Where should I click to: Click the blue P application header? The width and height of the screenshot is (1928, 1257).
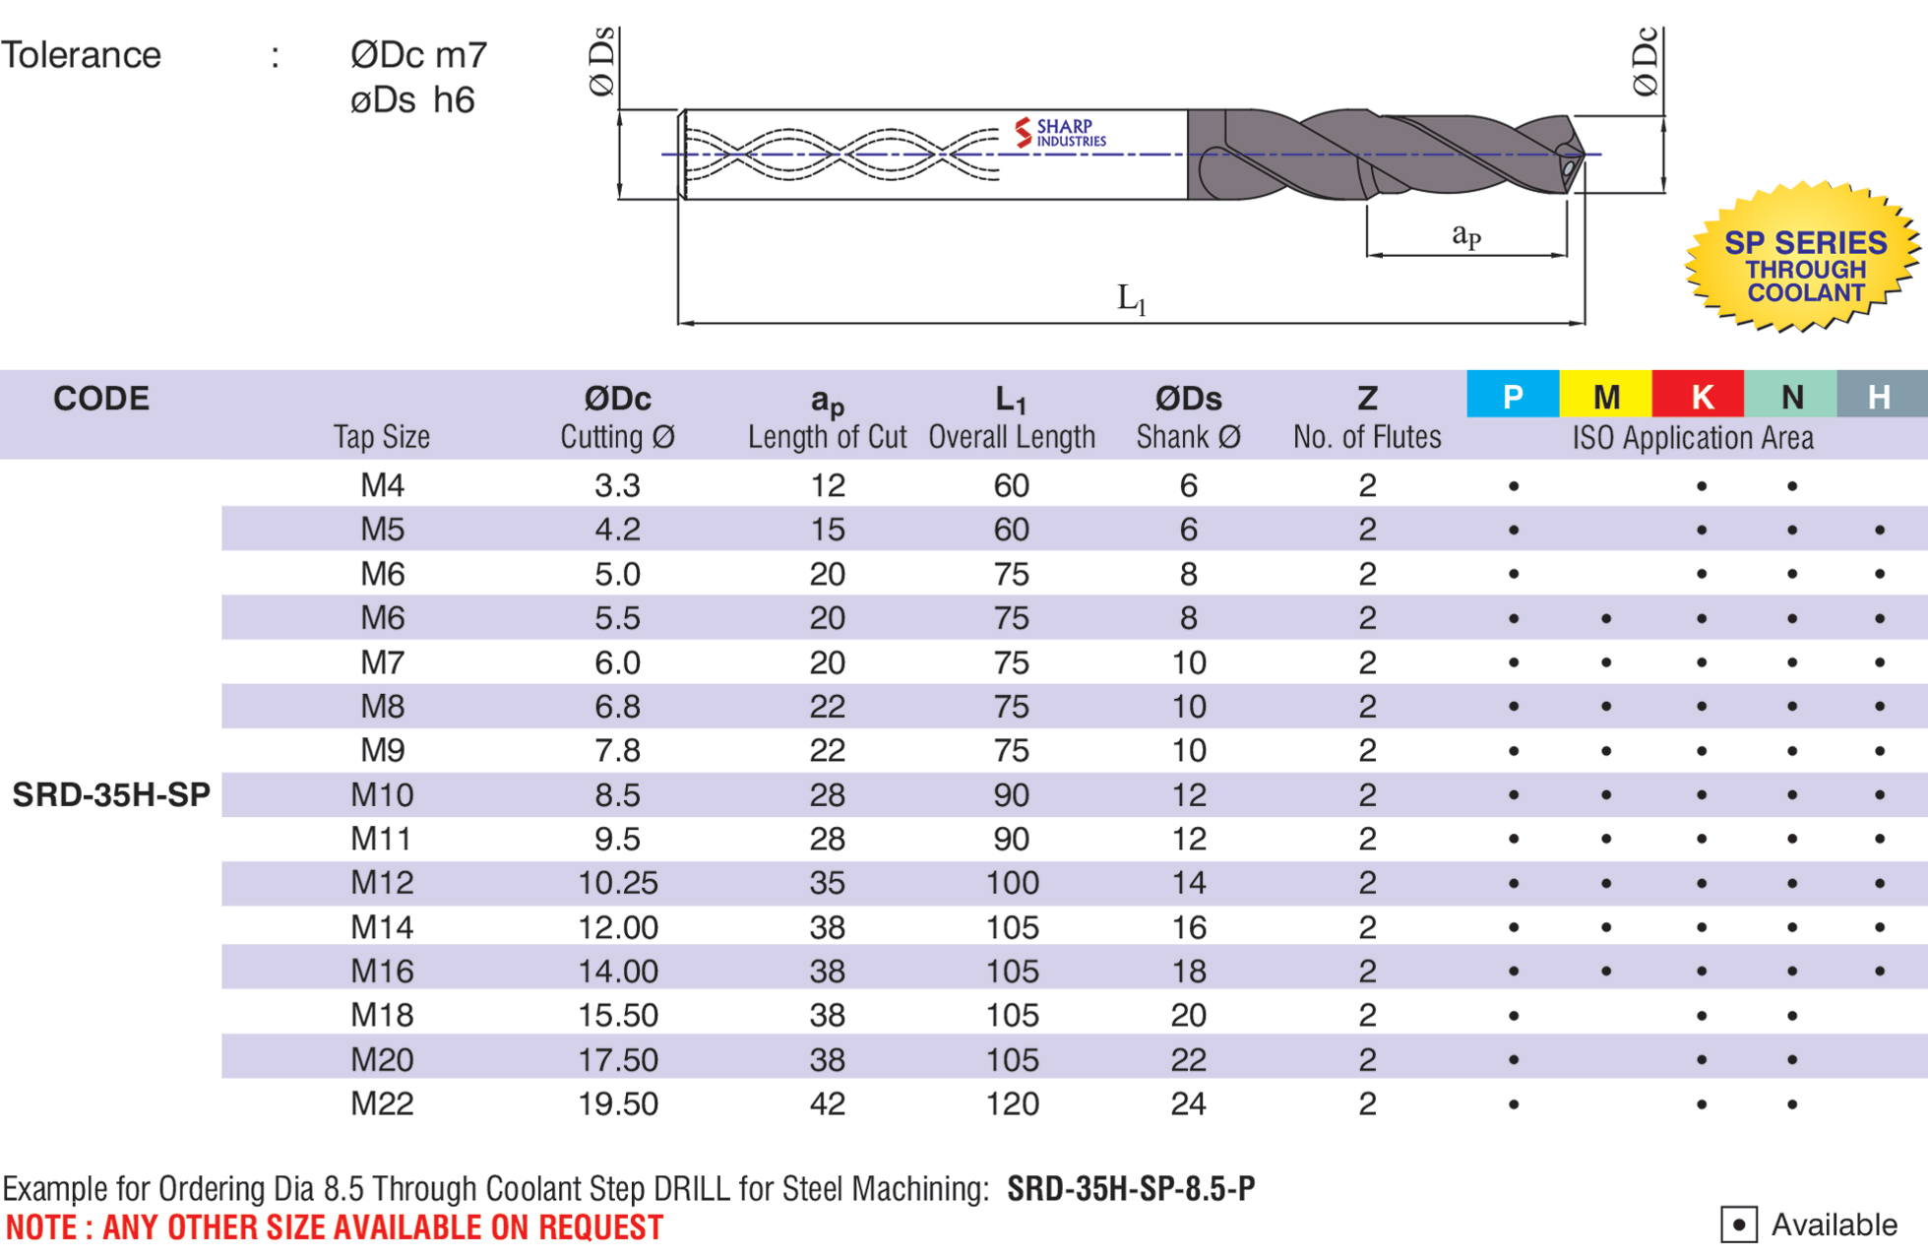tap(1512, 396)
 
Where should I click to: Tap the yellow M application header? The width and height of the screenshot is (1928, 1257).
tap(1605, 396)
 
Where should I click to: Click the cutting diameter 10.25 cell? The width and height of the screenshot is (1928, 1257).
tap(617, 883)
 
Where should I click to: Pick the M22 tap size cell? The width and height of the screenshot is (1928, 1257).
tap(382, 1103)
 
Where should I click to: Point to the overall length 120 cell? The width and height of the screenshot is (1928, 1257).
tap(1012, 1103)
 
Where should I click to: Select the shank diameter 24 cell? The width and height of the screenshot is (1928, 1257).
tap(1188, 1103)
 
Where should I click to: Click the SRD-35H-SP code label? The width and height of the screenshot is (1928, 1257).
tap(111, 794)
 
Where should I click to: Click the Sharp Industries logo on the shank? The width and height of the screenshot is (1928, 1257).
tap(1060, 133)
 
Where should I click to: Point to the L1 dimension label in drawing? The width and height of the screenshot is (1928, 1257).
tap(1131, 298)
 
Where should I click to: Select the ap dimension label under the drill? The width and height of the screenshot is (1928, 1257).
tap(1465, 235)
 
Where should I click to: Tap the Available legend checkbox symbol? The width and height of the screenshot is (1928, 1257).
tap(1738, 1225)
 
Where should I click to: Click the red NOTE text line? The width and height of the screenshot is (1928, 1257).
tap(335, 1227)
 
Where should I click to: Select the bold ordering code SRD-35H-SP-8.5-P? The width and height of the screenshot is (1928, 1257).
tap(1131, 1189)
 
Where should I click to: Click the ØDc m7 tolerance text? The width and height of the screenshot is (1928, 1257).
tap(418, 55)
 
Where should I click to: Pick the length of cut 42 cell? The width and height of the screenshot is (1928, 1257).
tap(827, 1103)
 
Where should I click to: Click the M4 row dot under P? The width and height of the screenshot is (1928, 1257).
tap(1513, 486)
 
